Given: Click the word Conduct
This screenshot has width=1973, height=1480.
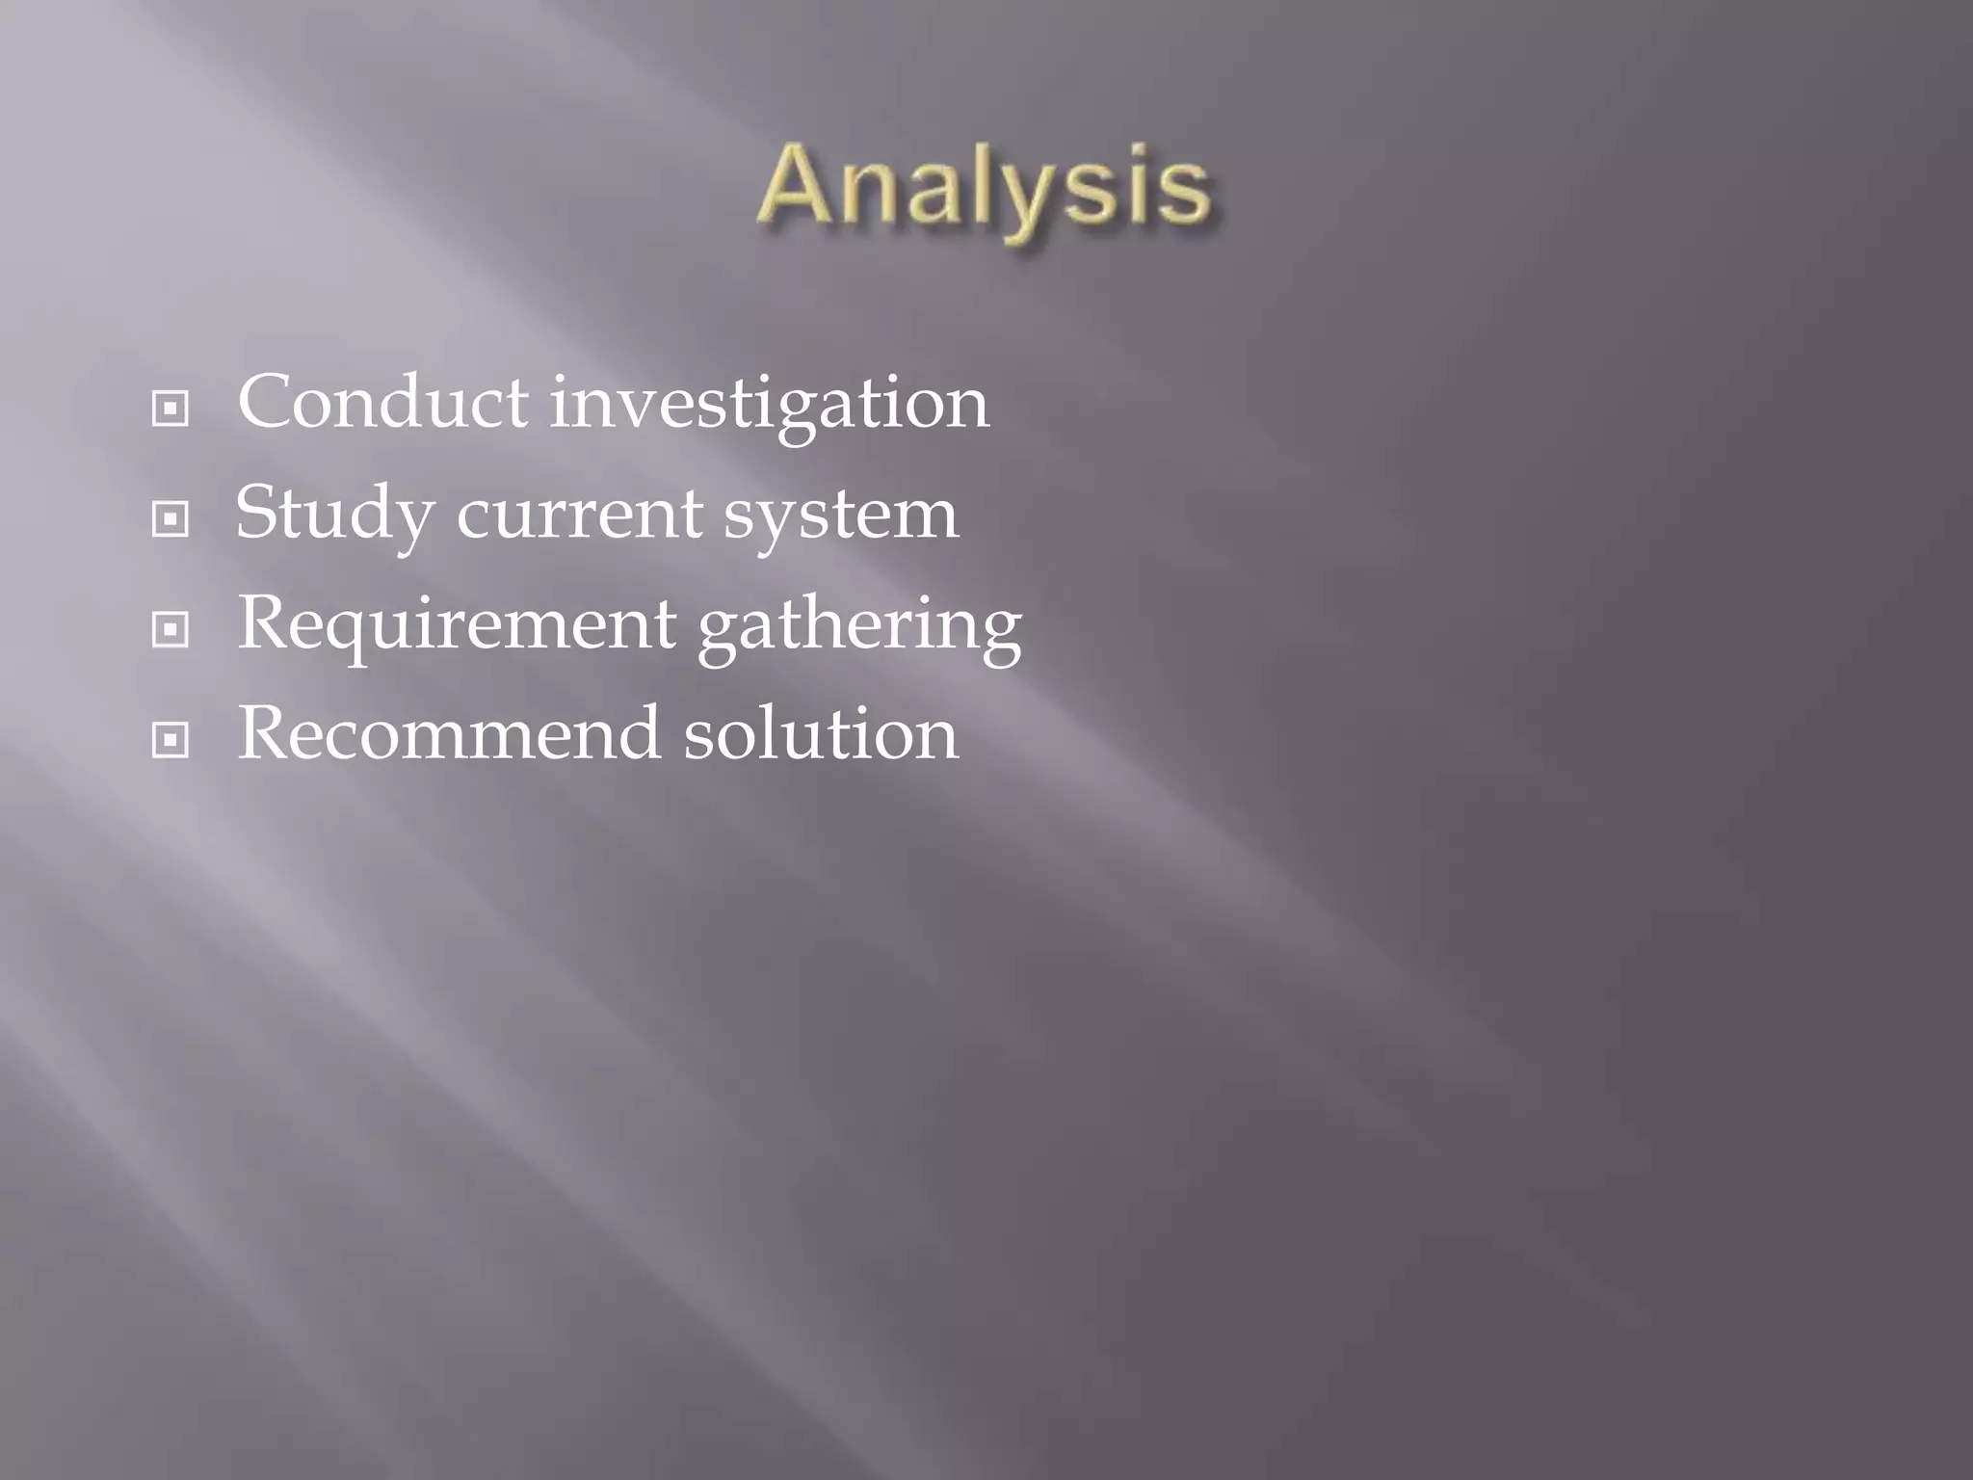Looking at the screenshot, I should click(x=382, y=402).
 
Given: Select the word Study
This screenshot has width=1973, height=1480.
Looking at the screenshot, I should click(x=333, y=515).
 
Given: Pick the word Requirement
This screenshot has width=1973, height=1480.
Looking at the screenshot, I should click(x=457, y=625).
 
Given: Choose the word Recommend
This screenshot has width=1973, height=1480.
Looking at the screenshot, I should click(x=449, y=733).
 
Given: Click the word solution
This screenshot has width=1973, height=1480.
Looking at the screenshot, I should click(x=821, y=733).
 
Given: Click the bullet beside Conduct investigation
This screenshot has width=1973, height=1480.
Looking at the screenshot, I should click(x=171, y=410).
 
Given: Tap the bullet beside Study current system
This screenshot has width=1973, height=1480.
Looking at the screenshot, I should click(x=171, y=520).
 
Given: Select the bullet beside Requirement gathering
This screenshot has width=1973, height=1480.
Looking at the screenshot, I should click(x=171, y=631).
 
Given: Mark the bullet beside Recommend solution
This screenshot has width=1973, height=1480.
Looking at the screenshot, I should click(x=171, y=741).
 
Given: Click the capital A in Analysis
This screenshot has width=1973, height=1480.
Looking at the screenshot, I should click(x=796, y=185).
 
